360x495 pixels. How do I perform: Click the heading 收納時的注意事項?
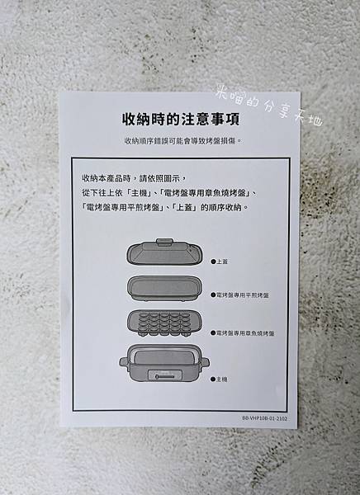tap(181, 119)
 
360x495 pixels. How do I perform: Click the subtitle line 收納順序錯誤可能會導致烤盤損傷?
tap(183, 141)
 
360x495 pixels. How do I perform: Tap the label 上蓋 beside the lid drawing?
tap(222, 262)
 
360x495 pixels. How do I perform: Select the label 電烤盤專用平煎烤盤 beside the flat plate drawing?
tap(243, 295)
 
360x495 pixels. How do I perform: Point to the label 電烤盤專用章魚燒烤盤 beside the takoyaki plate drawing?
tap(245, 333)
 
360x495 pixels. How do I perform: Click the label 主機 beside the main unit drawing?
tap(221, 379)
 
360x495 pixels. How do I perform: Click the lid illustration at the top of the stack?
tap(164, 252)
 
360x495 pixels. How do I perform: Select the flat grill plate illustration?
tap(165, 289)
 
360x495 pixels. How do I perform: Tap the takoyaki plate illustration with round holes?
tap(164, 323)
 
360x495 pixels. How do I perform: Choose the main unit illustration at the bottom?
tap(164, 363)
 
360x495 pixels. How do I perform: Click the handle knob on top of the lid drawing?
tap(164, 242)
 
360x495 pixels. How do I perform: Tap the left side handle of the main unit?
tap(123, 362)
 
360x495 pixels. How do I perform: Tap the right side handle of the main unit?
tap(205, 362)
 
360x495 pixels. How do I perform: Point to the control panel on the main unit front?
tap(164, 375)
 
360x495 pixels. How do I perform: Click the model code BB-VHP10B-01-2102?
tap(265, 418)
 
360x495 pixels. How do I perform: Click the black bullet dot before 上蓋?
tap(213, 262)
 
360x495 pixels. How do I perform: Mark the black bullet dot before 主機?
tap(213, 379)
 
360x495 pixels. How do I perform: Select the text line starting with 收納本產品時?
tap(135, 178)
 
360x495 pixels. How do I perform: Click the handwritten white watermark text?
tap(269, 107)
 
